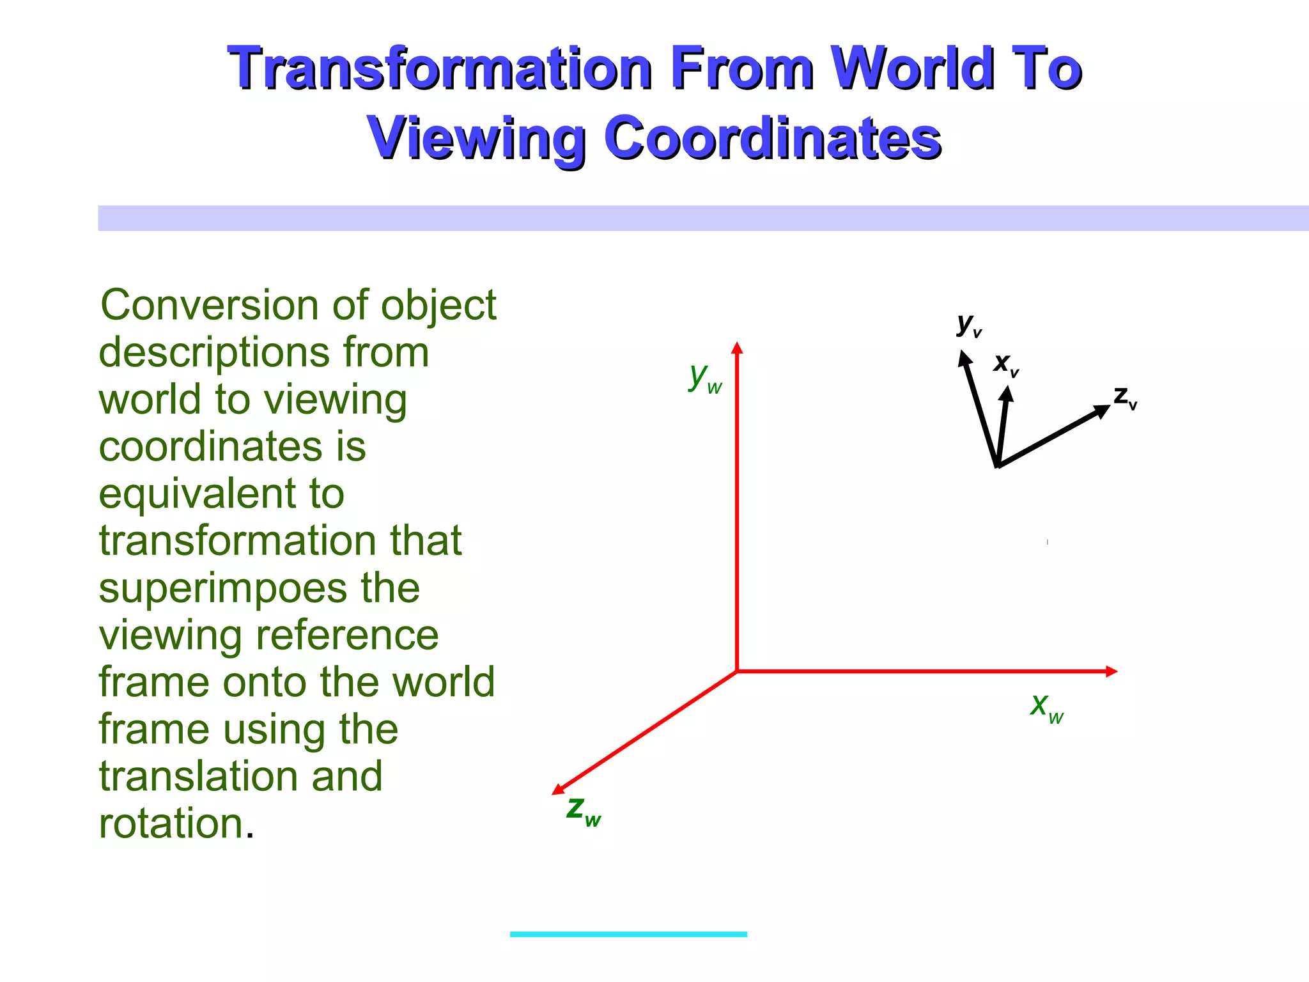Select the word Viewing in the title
pos(477,137)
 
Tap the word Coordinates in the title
pos(772,137)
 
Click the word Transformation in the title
pos(439,68)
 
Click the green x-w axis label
pos(1046,707)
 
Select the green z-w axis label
pos(583,810)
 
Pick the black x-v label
pos(1005,364)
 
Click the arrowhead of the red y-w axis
pos(737,348)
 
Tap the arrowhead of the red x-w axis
pos(1111,671)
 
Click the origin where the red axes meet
pos(737,671)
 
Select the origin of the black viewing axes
pos(997,465)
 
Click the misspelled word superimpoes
pos(259,589)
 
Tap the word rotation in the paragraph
pos(171,823)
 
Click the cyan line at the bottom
pos(628,934)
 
